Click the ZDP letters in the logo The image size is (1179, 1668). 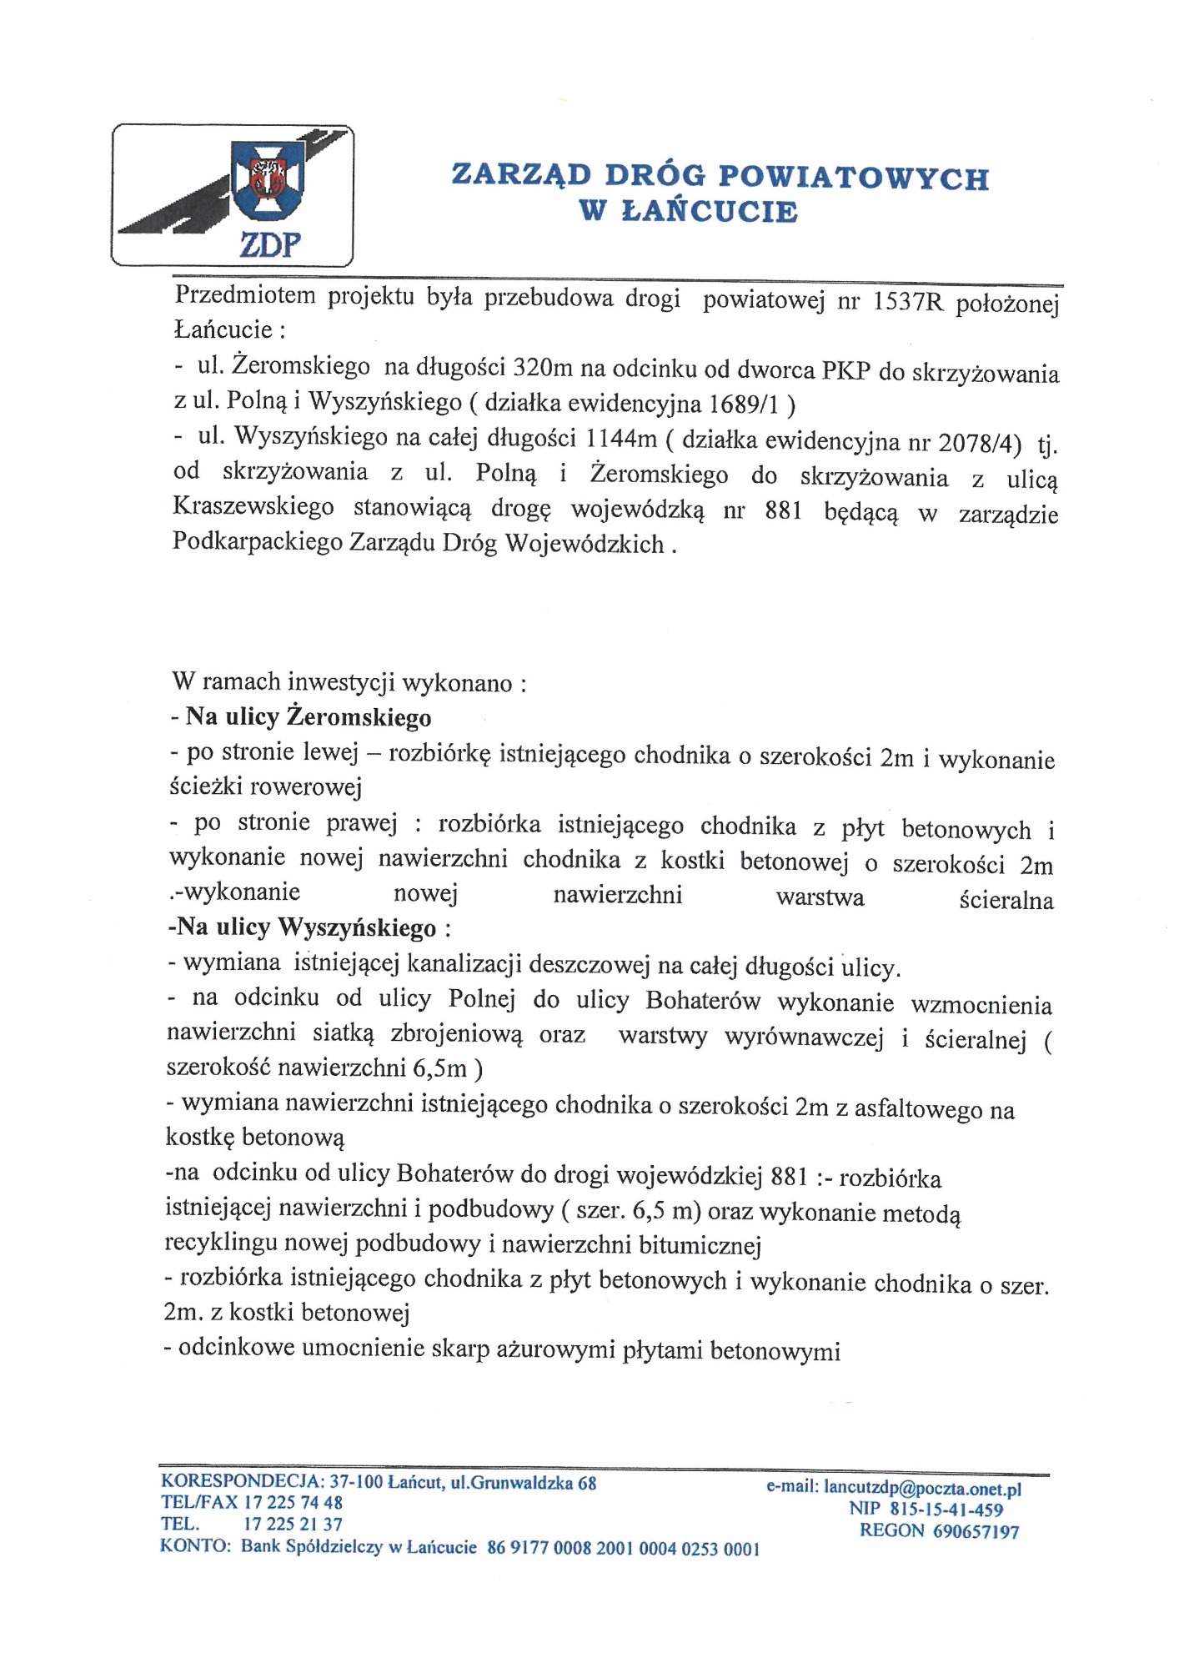coord(270,244)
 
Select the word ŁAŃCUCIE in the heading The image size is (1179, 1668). coord(710,211)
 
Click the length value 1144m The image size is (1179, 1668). coord(621,438)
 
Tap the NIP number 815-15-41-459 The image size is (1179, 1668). coord(946,1510)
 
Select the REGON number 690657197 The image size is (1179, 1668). coord(976,1531)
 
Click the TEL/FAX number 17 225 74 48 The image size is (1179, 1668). coord(293,1503)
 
